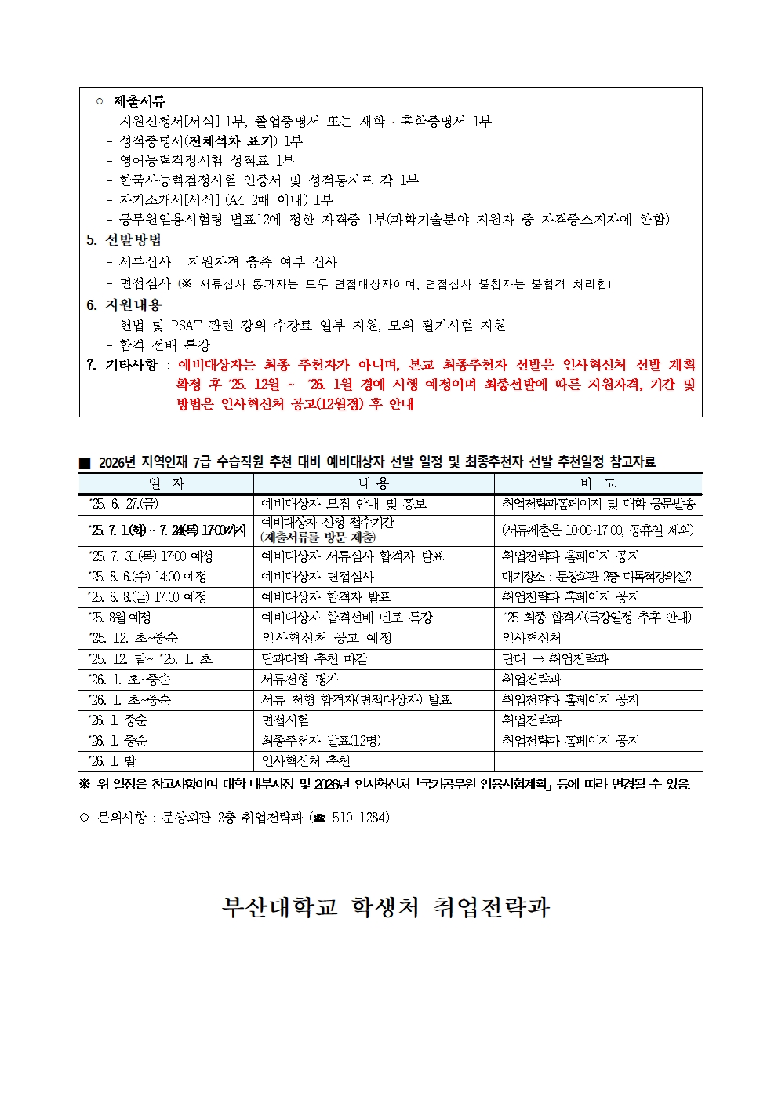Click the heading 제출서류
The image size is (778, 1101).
tap(140, 101)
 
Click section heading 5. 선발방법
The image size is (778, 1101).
tap(124, 240)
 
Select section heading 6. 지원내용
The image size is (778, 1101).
tap(124, 305)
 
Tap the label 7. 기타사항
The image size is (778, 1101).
tap(122, 365)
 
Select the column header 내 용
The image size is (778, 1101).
tap(373, 483)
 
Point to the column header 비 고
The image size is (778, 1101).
tap(598, 483)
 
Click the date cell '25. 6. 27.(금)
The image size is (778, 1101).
tap(125, 504)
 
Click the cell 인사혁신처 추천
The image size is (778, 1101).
tap(306, 761)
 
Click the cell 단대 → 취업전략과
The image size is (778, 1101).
tap(555, 659)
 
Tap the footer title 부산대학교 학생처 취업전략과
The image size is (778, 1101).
tap(386, 907)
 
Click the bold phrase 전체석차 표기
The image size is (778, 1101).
tap(231, 141)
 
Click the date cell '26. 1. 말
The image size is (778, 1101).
tap(114, 761)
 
